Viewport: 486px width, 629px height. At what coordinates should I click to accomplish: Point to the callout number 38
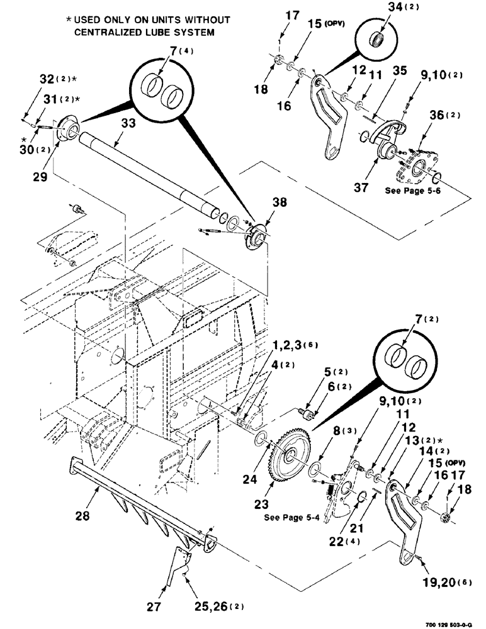pyautogui.click(x=279, y=203)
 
